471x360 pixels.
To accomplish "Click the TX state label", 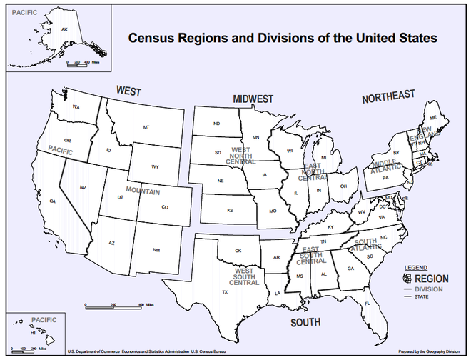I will point(225,292).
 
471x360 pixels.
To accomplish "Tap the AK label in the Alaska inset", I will point(64,29).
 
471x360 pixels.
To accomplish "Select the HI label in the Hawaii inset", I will point(32,332).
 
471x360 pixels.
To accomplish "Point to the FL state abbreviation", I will point(368,304).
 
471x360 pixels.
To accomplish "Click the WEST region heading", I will point(128,91).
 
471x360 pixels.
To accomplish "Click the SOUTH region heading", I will point(305,323).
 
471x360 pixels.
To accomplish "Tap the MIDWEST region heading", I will point(253,99).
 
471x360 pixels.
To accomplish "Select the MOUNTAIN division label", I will point(143,192).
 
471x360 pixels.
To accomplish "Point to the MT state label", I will point(146,127).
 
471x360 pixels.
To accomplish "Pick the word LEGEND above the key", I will point(416,267).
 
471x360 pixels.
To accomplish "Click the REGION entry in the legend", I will point(432,279).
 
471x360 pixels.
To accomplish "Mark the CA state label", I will point(52,202).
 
